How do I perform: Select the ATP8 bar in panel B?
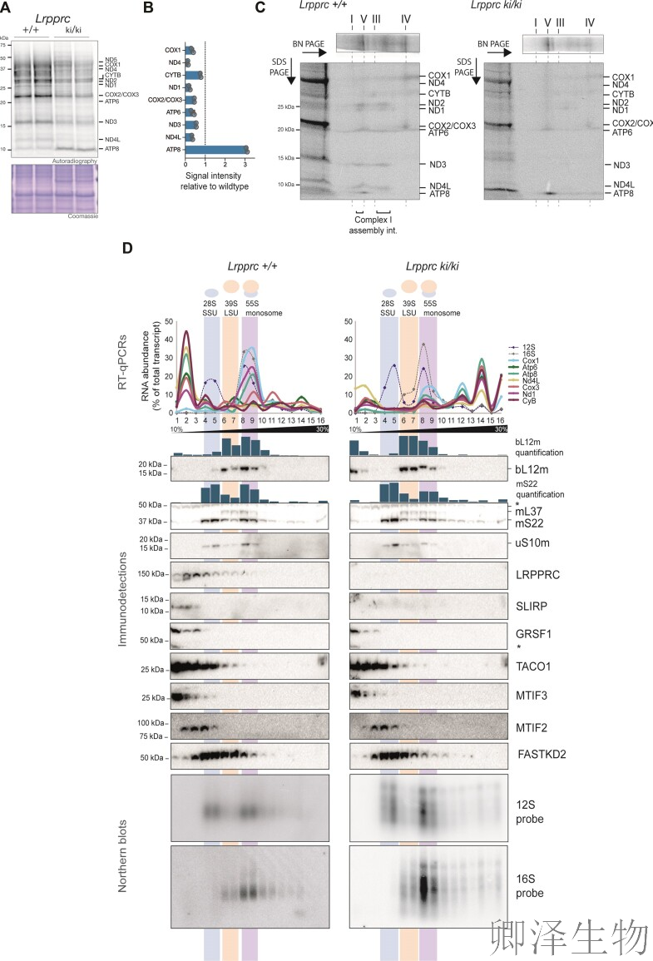click(215, 150)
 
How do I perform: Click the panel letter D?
click(127, 247)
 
